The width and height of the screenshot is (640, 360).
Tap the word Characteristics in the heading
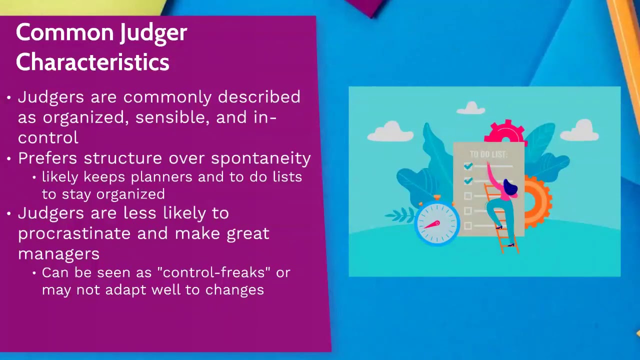[x=92, y=62]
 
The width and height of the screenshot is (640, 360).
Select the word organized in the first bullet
[x=87, y=117]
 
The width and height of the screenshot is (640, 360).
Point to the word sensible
[x=170, y=117]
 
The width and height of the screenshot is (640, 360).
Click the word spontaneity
[x=260, y=158]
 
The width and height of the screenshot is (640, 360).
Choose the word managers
[x=58, y=253]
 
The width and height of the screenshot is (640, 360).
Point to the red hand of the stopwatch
[x=431, y=225]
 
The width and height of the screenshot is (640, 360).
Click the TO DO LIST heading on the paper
[x=488, y=154]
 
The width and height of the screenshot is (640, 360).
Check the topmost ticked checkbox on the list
[x=468, y=166]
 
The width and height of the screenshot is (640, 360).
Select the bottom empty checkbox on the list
[x=468, y=226]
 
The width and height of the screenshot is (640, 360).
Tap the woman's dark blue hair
[x=510, y=188]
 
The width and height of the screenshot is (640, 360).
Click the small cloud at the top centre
[x=471, y=107]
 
